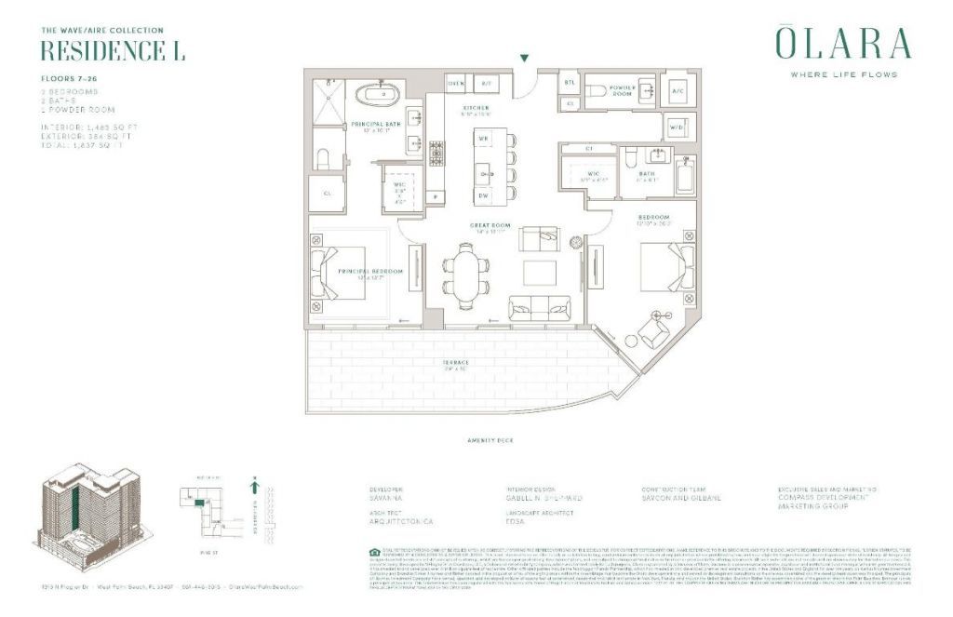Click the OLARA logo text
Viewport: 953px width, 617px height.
842,44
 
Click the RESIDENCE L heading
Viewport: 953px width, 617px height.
113,51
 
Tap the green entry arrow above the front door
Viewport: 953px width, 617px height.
525,59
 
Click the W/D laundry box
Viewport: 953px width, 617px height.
677,126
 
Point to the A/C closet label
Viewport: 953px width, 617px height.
678,91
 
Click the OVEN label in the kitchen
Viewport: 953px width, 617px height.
456,84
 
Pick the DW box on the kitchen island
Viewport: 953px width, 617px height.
483,194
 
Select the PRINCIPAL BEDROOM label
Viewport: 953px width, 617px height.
371,272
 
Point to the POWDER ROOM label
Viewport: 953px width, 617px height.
622,91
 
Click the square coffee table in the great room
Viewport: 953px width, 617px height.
539,273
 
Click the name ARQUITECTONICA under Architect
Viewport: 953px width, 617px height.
402,522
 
